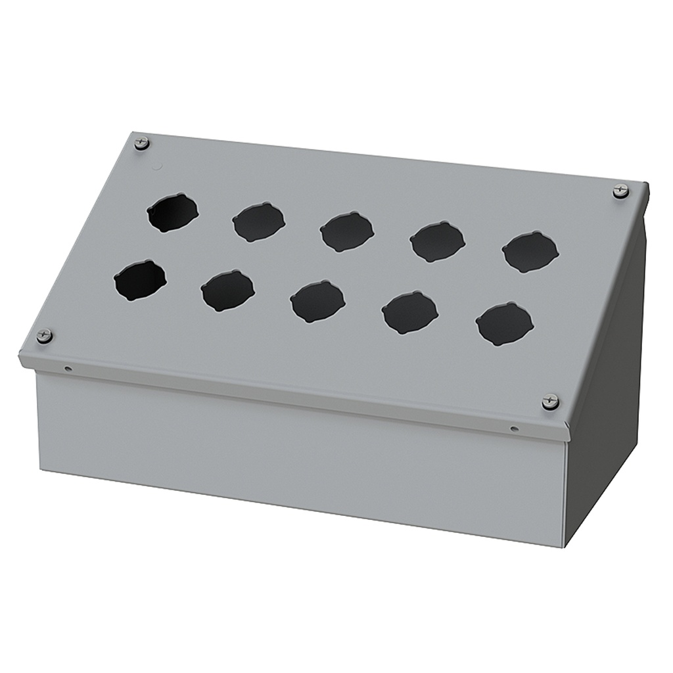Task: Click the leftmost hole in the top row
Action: coord(172,212)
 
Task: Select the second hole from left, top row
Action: coord(259,222)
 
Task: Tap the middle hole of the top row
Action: coord(347,232)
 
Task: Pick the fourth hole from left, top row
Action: coord(438,242)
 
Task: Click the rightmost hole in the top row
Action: coord(530,252)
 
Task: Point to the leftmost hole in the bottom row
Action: coord(140,281)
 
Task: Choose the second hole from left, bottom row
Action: coord(227,290)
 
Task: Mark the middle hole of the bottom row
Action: coord(317,301)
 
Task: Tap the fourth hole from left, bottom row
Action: coord(410,312)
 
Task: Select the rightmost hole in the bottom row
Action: coord(505,324)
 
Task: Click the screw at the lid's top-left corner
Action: coord(141,143)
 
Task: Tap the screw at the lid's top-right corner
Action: coord(620,191)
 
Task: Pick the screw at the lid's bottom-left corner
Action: coord(44,335)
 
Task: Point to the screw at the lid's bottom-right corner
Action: coord(550,402)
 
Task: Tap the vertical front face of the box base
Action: coord(296,453)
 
